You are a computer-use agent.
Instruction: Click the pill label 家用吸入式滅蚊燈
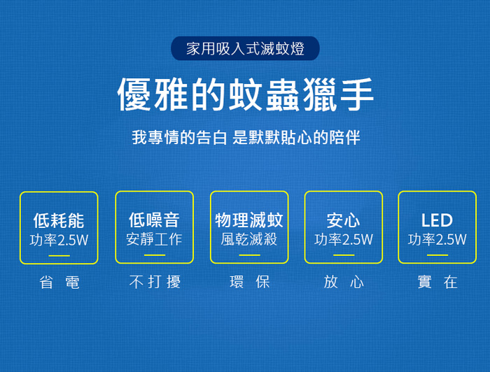coord(245,48)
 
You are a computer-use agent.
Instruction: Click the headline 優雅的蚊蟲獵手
coord(245,94)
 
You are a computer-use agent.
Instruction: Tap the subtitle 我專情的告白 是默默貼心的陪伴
coord(246,137)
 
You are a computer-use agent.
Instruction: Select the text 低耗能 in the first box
coord(59,220)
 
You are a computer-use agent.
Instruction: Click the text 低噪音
coord(155,220)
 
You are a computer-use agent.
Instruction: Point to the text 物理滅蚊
coord(249,220)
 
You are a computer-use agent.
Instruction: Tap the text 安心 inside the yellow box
coord(343,220)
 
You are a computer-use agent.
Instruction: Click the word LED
coord(437,220)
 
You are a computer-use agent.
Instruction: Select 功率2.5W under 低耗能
coord(59,240)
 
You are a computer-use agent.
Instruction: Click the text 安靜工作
coord(155,239)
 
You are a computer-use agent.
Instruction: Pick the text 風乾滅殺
coord(249,239)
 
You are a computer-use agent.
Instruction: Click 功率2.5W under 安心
coord(344,239)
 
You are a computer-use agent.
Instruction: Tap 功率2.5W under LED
coord(437,239)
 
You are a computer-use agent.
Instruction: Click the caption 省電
coord(59,282)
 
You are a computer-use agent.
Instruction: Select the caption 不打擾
coord(155,282)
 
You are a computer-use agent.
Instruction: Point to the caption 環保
coord(249,282)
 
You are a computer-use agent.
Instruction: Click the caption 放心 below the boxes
coord(344,282)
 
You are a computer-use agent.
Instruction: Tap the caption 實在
coord(437,282)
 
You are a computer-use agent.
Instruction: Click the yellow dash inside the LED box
coord(437,255)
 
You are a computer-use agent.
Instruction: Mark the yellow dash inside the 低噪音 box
coord(155,255)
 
